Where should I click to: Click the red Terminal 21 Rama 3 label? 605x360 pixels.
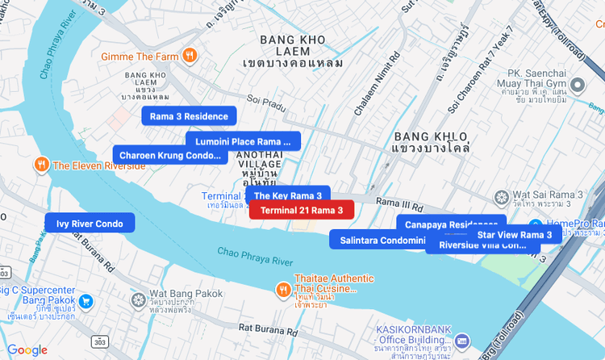(302, 210)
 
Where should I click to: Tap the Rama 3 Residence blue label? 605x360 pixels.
(189, 116)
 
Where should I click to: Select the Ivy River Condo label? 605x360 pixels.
(90, 224)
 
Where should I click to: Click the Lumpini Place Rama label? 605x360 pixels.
(242, 142)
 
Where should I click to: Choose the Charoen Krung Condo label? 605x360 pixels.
(169, 155)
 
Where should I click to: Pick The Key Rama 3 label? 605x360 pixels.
(287, 195)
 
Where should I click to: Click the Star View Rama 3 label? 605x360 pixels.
(514, 235)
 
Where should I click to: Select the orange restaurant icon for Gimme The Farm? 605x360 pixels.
(190, 56)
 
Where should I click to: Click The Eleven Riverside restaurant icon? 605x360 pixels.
(41, 165)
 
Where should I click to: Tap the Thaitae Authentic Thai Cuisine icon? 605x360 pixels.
(282, 289)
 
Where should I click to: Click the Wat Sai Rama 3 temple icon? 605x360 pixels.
(501, 196)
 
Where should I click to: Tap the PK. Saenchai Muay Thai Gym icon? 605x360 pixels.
(578, 86)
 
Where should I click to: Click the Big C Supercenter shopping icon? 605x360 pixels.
(86, 302)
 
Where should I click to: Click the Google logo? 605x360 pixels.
(27, 350)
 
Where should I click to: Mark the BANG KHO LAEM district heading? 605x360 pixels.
(292, 40)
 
